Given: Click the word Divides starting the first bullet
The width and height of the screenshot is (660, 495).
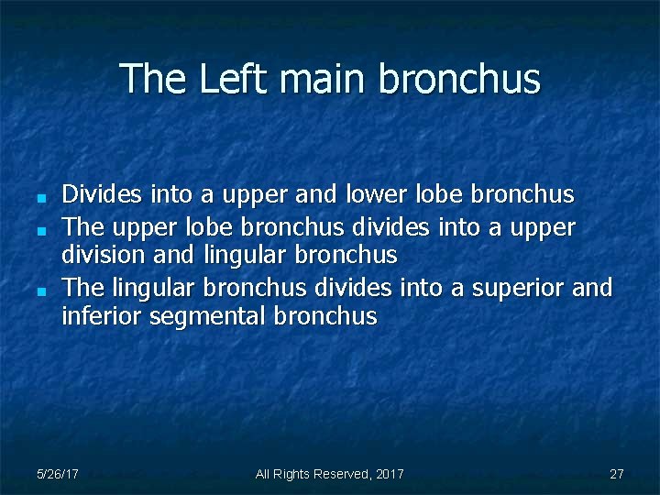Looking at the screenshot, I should coord(102,194).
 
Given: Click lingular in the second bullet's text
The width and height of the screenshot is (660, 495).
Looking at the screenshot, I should coord(239,254).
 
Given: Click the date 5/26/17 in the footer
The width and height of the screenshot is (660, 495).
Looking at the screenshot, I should coord(57,474).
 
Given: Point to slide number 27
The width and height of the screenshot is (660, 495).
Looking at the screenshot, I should coord(616,474).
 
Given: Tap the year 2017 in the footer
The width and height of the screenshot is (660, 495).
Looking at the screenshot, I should coord(390,474).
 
